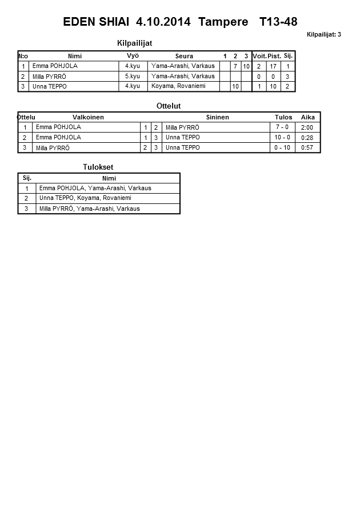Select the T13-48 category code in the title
point(278,22)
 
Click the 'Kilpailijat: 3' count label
point(323,35)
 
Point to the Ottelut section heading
point(169,106)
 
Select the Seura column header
point(184,56)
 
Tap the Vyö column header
point(133,56)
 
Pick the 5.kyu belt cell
point(133,77)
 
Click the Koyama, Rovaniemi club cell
point(177,86)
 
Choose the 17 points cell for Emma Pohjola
point(274,66)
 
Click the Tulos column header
point(283,117)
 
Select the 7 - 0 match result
point(282,127)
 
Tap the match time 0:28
point(307,138)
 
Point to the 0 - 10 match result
point(282,148)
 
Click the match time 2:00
point(307,127)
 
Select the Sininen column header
point(217,117)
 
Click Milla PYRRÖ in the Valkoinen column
point(53,148)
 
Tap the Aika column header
point(308,117)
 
